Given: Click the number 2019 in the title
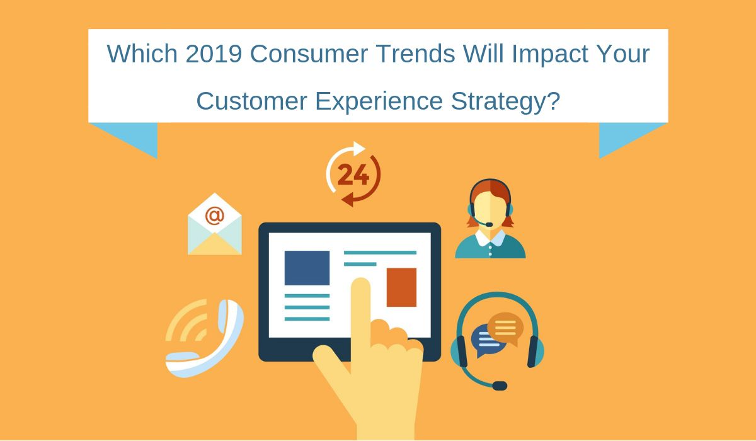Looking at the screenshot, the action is point(214,54).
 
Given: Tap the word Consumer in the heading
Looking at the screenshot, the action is point(309,54).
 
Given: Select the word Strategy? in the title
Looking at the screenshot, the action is point(505,101).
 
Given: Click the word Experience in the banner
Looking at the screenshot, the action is point(379,101).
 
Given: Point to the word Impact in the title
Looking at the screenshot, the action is point(550,54).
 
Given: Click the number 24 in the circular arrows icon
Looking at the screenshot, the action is point(353,175).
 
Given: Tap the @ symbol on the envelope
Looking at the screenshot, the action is point(215,215).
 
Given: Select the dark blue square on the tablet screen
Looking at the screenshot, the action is point(307,268).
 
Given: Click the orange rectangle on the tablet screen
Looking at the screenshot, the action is point(401,287).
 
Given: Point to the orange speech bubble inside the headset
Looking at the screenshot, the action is point(505,328).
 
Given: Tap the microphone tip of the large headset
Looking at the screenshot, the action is point(500,386).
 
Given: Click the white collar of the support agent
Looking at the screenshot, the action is point(490,238).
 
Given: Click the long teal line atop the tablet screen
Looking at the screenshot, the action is point(380,253).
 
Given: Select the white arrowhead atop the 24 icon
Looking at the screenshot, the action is point(358,149).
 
